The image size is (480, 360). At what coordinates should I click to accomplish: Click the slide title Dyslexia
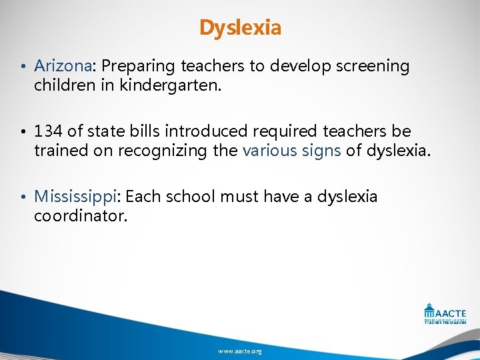click(240, 28)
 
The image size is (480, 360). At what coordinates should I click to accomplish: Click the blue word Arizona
click(63, 66)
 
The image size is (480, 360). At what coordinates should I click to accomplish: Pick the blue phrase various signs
click(291, 151)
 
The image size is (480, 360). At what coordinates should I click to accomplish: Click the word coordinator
click(80, 216)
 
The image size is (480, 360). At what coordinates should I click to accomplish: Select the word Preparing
click(135, 66)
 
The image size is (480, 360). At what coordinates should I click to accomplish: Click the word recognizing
click(164, 151)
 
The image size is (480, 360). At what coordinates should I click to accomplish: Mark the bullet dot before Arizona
click(23, 67)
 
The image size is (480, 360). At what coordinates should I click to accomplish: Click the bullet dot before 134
click(23, 132)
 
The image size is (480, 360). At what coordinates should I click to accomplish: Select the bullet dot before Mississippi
click(23, 197)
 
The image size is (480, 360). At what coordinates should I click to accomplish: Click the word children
click(65, 85)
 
